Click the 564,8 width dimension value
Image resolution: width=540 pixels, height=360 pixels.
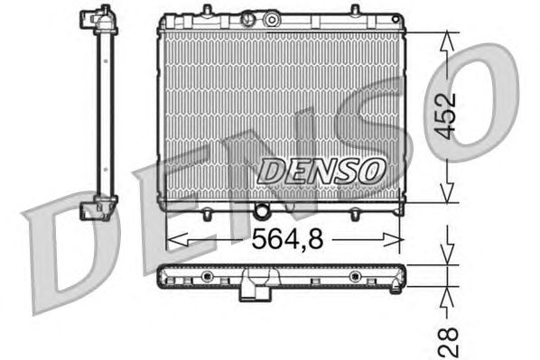(288, 239)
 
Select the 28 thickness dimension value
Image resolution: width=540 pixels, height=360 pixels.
(449, 342)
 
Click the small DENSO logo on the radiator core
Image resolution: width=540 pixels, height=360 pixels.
(321, 171)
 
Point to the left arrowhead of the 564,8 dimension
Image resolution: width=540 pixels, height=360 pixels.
(177, 239)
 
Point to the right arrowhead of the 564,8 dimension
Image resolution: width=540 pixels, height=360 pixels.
(393, 239)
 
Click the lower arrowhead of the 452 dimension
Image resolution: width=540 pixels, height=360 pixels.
(447, 193)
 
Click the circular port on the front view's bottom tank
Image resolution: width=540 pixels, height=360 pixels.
(261, 210)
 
